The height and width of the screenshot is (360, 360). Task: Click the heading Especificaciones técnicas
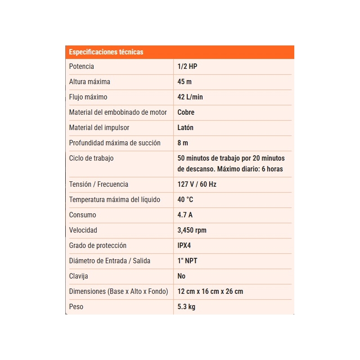tap(106, 52)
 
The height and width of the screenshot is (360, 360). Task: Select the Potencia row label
tap(81, 67)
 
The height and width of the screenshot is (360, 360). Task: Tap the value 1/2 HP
tap(188, 67)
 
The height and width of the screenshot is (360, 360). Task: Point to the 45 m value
tap(184, 82)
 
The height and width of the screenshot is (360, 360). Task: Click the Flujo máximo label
tap(88, 97)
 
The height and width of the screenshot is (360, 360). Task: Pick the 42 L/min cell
tap(190, 97)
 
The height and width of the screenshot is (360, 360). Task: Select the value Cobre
tap(186, 112)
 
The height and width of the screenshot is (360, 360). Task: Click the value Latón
tap(185, 128)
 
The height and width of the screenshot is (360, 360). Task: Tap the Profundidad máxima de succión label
tap(115, 143)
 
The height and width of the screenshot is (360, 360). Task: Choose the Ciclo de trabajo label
tap(91, 158)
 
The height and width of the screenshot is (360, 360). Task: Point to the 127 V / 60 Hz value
tap(197, 184)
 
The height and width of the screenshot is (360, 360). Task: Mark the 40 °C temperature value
tap(185, 200)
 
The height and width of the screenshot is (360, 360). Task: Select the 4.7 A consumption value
tap(185, 215)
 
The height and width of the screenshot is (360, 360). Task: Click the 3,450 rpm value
tap(192, 230)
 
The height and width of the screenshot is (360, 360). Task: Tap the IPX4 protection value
tap(187, 246)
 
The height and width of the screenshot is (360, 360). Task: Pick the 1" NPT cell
tap(188, 261)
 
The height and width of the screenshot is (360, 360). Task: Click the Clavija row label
tap(79, 276)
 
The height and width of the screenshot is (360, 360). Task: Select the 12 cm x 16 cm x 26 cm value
tap(210, 292)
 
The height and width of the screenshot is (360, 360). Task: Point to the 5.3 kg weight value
tap(186, 307)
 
